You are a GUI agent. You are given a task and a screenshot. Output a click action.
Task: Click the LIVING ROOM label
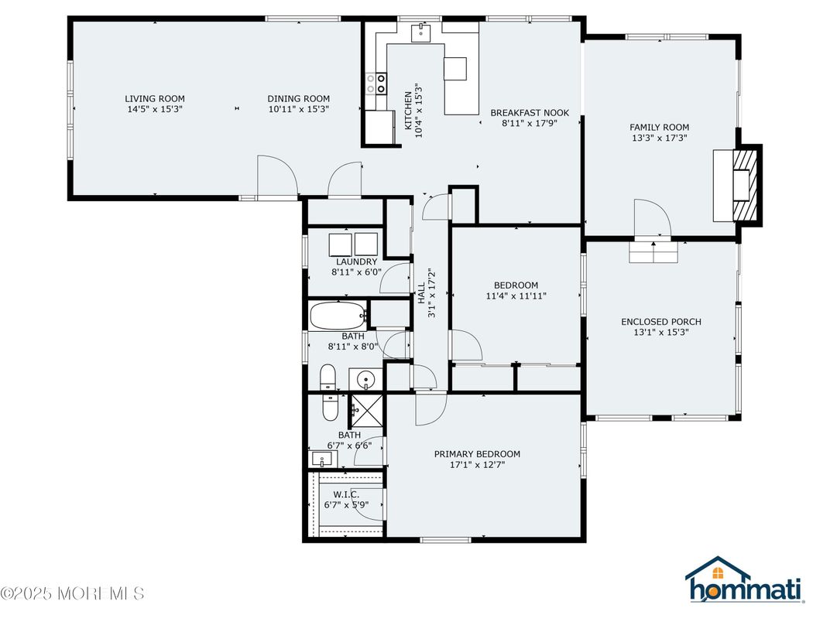pos(155,98)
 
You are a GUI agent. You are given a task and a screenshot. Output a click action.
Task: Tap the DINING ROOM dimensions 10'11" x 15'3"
pos(299,109)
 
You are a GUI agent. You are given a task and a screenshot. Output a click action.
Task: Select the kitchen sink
pos(421,32)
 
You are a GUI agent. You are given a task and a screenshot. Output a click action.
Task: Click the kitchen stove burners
pos(376,84)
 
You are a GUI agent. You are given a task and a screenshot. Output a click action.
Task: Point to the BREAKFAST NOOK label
pos(530,113)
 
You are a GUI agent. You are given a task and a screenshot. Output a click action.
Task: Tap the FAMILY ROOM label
pos(659,127)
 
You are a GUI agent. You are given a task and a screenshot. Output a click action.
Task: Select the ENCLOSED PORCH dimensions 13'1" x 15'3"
pos(661,332)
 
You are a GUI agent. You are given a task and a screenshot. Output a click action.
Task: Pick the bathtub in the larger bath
pos(338,316)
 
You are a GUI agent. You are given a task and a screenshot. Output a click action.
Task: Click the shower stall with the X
pos(365,410)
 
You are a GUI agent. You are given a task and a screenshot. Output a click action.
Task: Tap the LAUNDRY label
pos(356,261)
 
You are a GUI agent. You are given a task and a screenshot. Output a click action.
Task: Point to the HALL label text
pos(421,293)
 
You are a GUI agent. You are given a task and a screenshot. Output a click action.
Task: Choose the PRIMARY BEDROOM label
pos(477,454)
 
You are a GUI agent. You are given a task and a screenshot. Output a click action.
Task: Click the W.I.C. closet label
pos(346,494)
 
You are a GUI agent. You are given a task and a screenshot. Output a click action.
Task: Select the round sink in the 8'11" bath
pos(365,379)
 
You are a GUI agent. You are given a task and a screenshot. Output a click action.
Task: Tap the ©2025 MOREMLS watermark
pos(73,593)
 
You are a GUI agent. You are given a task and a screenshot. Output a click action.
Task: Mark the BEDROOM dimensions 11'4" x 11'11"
pos(516,296)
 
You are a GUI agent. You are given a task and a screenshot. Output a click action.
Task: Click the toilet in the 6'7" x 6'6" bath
pos(330,407)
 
